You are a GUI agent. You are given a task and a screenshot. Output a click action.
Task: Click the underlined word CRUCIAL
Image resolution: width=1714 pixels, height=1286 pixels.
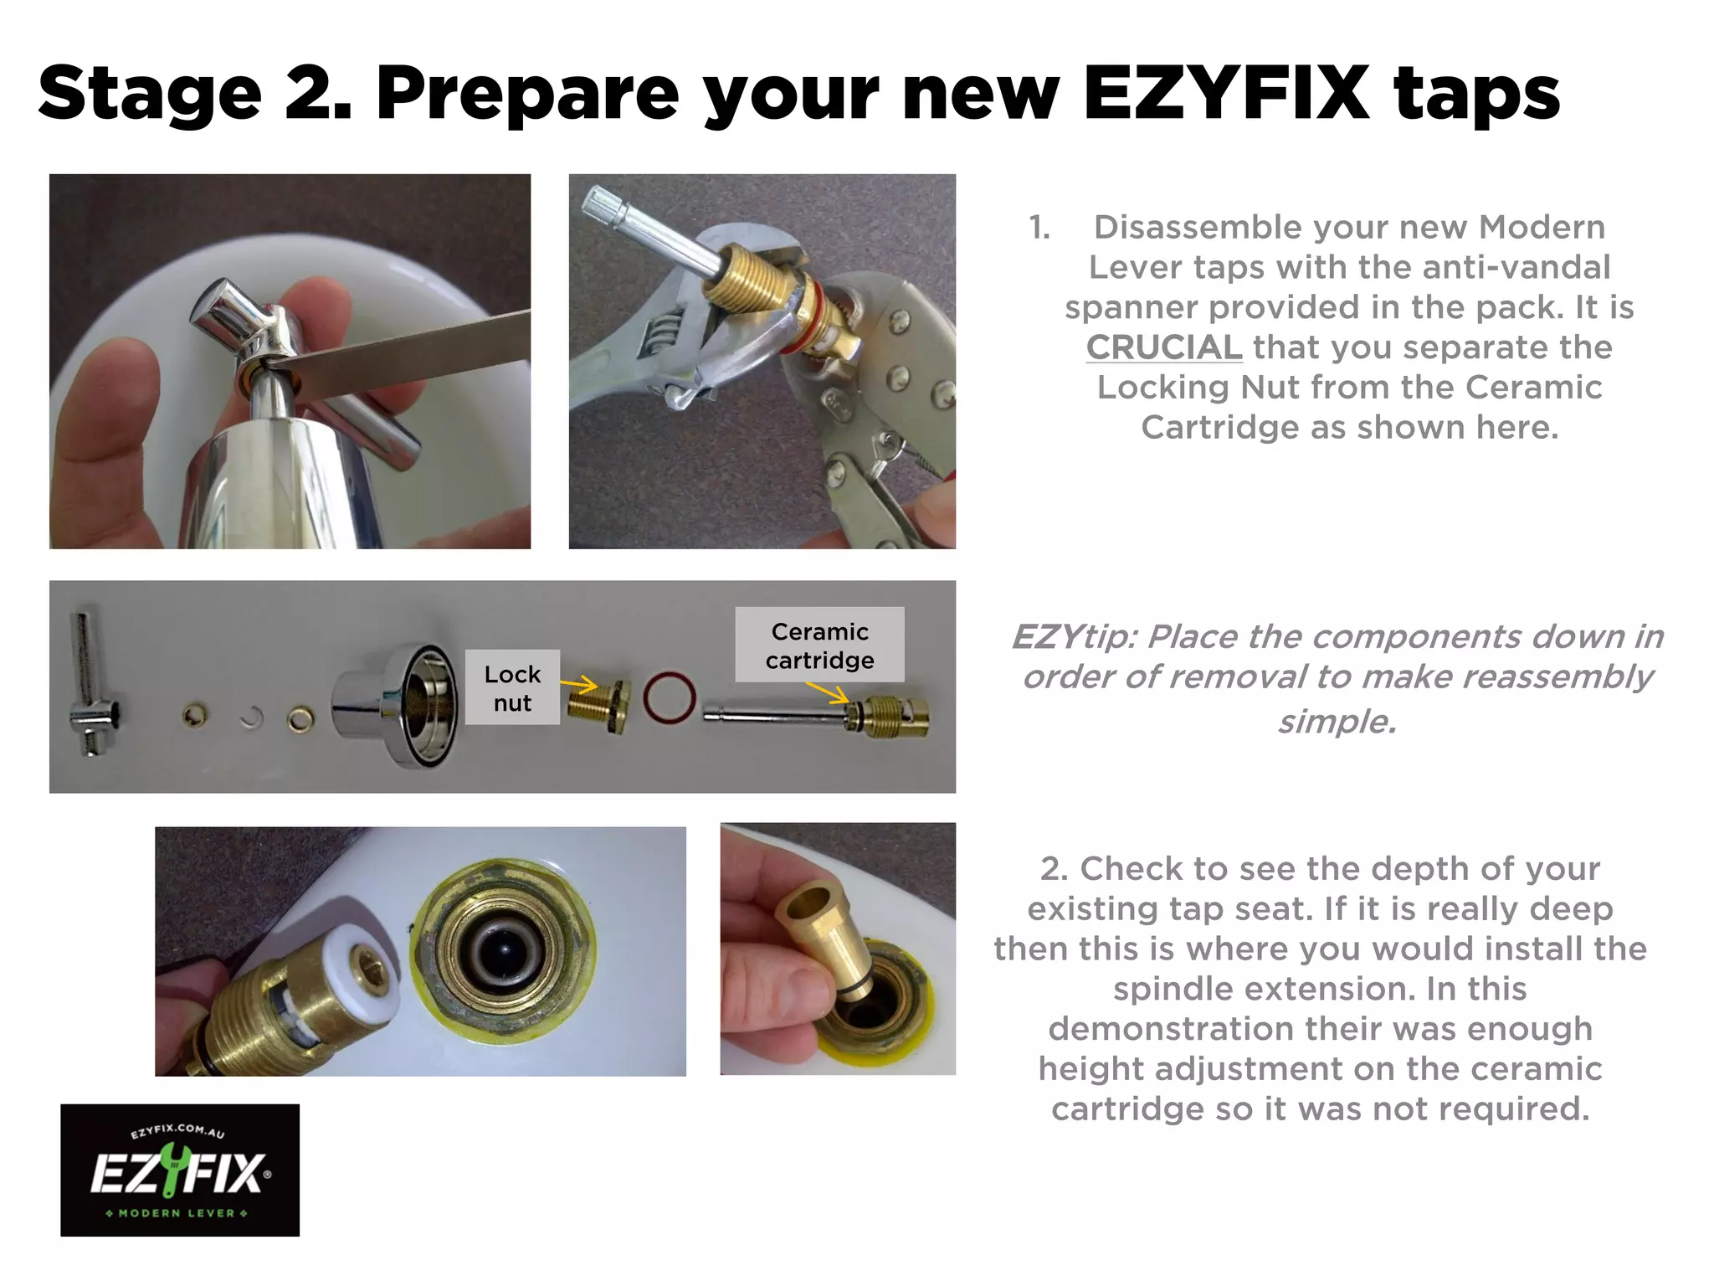(1163, 347)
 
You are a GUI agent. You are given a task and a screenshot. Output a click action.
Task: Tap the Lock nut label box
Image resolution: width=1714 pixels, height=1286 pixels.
(512, 687)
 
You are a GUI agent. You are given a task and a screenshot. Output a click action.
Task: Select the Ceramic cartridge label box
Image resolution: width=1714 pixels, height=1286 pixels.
(819, 645)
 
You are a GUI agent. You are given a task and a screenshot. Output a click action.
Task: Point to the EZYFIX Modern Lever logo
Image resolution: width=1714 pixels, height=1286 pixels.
(180, 1170)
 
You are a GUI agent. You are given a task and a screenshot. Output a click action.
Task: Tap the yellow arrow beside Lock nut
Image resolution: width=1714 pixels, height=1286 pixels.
(578, 686)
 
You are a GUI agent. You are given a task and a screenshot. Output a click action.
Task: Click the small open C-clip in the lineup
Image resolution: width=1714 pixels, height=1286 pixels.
(251, 718)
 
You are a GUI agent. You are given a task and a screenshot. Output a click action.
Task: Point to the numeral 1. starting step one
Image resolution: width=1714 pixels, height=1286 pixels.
(1039, 228)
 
